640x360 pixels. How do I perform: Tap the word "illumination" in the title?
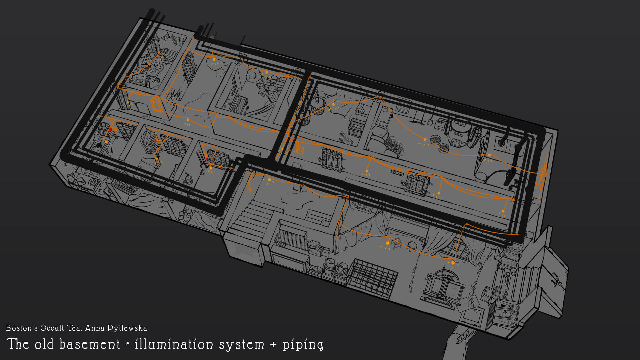tap(174, 344)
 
